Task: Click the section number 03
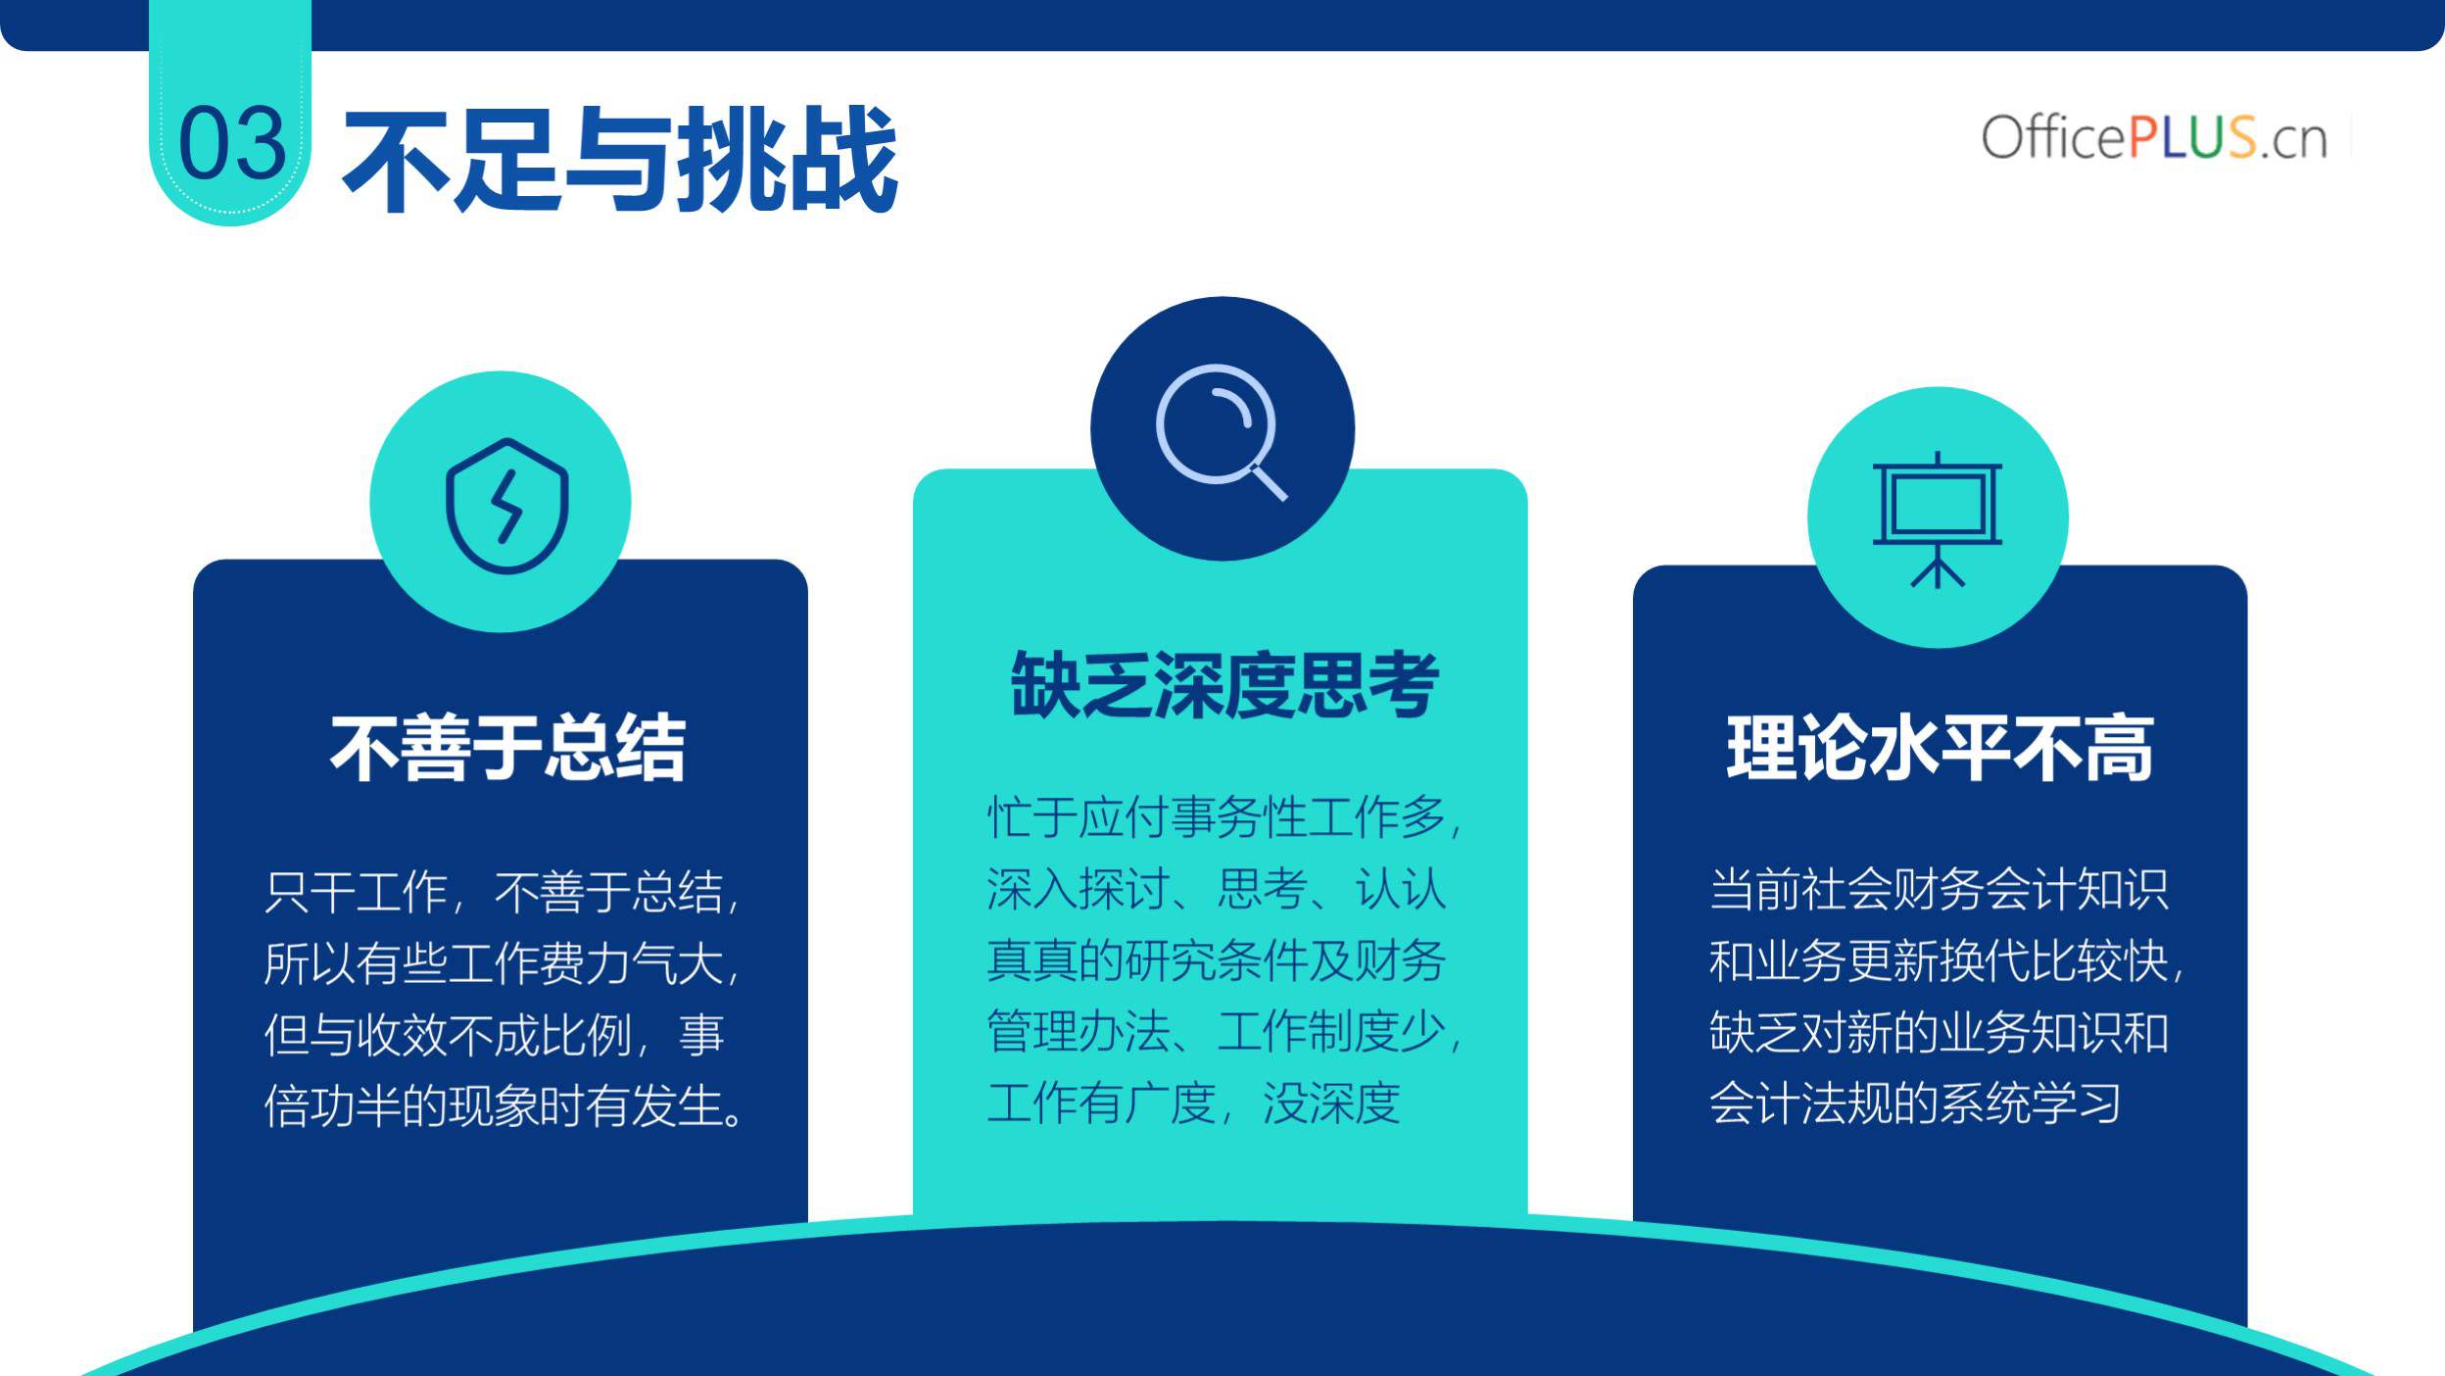coord(232,144)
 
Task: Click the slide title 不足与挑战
coord(620,159)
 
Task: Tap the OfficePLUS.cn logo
coord(2154,137)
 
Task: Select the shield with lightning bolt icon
coord(506,506)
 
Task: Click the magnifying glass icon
coord(1221,431)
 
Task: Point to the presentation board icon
coord(1938,519)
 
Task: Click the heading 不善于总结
coord(507,748)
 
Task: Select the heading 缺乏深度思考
coord(1224,684)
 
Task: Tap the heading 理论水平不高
coord(1940,748)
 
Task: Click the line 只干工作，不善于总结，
coord(502,893)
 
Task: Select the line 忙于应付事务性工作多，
coord(1224,817)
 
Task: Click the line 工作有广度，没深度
coord(1193,1103)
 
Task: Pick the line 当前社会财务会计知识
coord(1939,890)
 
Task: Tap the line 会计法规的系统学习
coord(1915,1104)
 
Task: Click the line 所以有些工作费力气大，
coord(502,963)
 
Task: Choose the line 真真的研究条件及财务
coord(1216,960)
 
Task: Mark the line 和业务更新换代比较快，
coord(1946,961)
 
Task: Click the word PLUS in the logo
coord(2192,137)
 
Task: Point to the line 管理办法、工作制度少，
coord(1224,1031)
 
